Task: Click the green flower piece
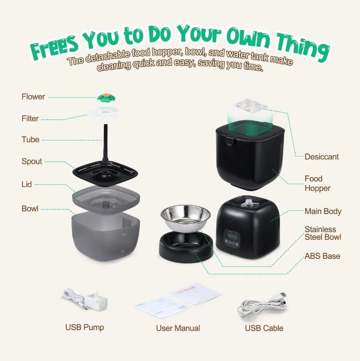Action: (x=106, y=97)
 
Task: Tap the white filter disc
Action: (x=105, y=112)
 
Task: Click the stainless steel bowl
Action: (x=186, y=218)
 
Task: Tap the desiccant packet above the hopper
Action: (x=250, y=106)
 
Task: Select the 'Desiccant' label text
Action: (x=322, y=157)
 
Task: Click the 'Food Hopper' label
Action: (x=318, y=183)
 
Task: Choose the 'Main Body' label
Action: (x=323, y=211)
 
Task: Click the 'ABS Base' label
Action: (x=322, y=256)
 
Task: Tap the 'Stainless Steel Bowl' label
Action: (x=323, y=233)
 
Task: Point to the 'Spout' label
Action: (x=32, y=161)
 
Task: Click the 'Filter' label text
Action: (x=30, y=118)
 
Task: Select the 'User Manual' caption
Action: (x=178, y=328)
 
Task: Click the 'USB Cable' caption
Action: (x=264, y=328)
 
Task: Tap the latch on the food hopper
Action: (x=229, y=141)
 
